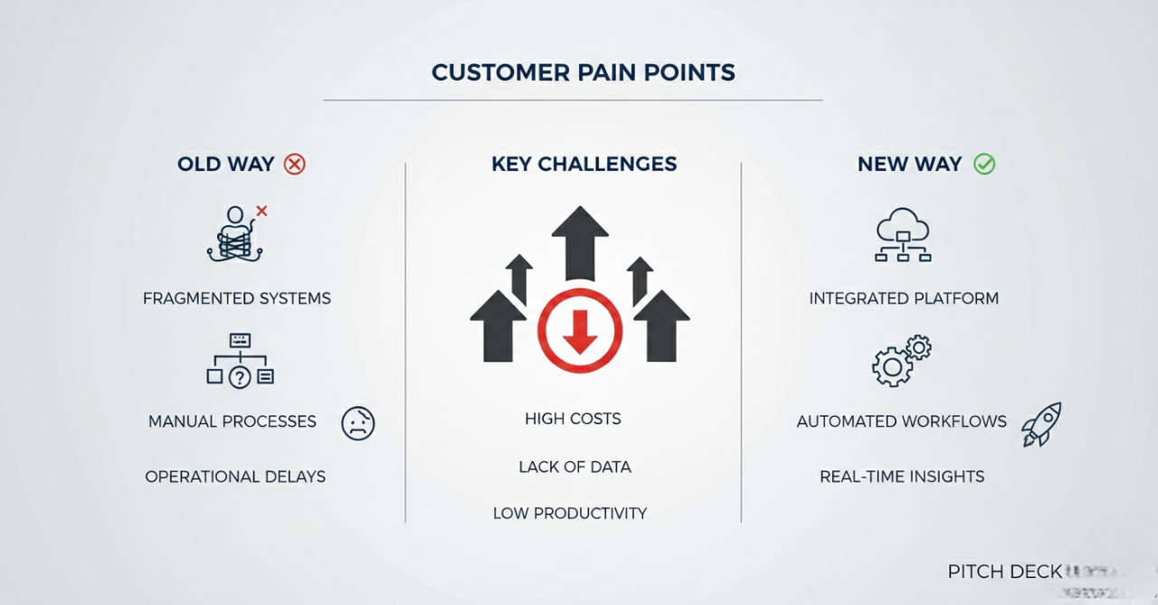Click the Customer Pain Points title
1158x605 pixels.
(x=583, y=72)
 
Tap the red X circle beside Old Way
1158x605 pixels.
(x=295, y=164)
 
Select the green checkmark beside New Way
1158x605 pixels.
(x=983, y=164)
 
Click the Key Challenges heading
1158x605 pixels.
(x=584, y=164)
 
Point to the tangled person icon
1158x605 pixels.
(x=236, y=234)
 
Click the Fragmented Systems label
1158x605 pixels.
(x=237, y=298)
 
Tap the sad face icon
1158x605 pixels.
(x=357, y=423)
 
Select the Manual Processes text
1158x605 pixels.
(x=233, y=421)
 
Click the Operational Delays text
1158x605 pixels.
(x=235, y=477)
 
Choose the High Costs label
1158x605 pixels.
(x=573, y=419)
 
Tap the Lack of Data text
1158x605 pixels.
(x=574, y=467)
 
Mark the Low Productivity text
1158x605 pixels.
(x=570, y=513)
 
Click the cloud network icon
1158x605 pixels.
(x=903, y=234)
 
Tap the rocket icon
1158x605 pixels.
(x=1041, y=424)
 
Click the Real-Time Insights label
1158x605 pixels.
(x=902, y=477)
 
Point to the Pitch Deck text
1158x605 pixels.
(x=1004, y=572)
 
